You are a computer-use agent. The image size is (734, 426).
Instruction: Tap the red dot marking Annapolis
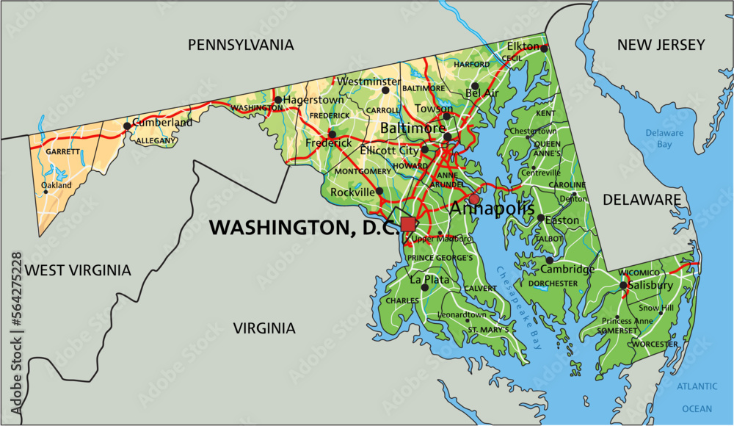(474, 199)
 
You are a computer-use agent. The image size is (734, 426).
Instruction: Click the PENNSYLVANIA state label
(241, 45)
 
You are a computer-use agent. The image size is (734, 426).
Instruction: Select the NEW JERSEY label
(661, 45)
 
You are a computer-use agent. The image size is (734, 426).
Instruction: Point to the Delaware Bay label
(664, 139)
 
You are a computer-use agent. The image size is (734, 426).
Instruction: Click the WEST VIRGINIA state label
(78, 270)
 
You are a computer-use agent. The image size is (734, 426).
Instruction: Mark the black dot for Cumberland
(127, 126)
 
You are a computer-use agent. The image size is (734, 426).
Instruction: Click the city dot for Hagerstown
(278, 99)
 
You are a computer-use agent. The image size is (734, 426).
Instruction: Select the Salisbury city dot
(622, 286)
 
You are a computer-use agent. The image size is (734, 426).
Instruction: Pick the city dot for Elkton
(545, 48)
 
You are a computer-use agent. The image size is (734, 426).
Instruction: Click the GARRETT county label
(62, 151)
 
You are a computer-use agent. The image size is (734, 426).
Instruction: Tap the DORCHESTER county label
(553, 283)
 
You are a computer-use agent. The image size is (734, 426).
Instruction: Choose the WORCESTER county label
(653, 344)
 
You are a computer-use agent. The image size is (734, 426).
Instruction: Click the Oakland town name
(57, 186)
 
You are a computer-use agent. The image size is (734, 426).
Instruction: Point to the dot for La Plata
(424, 288)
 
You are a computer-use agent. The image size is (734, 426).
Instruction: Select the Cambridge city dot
(549, 260)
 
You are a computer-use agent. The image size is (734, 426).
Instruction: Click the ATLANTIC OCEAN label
(697, 397)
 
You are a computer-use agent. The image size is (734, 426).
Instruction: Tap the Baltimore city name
(413, 129)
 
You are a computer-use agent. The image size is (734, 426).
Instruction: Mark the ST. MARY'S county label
(488, 331)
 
